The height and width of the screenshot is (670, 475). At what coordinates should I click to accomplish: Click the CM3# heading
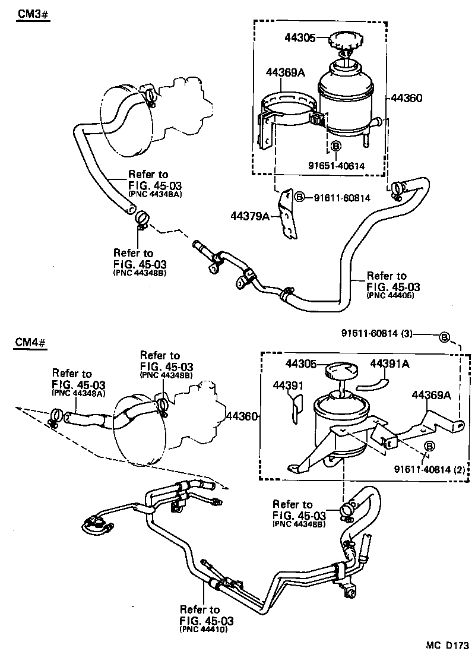click(31, 14)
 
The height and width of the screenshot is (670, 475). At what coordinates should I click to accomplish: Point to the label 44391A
click(390, 363)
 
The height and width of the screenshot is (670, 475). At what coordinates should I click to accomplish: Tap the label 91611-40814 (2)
click(428, 469)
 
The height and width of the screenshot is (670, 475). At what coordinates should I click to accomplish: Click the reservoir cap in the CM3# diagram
click(343, 42)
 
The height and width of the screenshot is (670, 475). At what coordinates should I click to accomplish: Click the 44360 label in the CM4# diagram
click(242, 416)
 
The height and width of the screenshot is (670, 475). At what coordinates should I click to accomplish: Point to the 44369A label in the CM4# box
click(431, 394)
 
